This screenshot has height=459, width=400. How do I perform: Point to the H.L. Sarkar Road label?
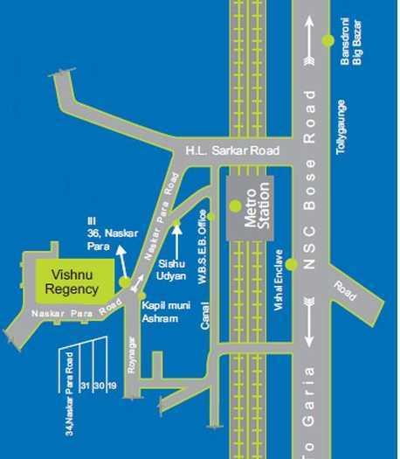pos(231,150)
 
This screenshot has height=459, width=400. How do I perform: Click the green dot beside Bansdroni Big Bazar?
pos(328,40)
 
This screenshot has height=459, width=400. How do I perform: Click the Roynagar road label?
pos(132,354)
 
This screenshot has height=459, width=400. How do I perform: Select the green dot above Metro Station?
pos(235,205)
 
